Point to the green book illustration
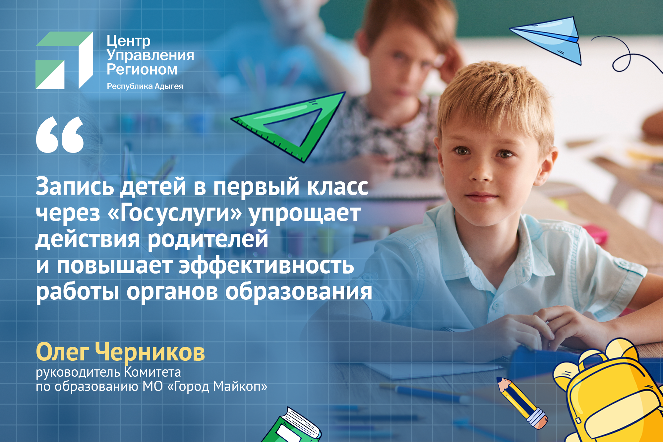tap(292, 426)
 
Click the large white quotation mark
tap(60, 135)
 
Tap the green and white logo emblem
tap(64, 60)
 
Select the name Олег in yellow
tap(62, 352)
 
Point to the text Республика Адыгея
tap(145, 86)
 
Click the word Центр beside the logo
tap(129, 41)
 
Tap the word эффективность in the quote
tap(267, 266)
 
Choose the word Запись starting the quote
tap(75, 186)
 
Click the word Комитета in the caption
tap(152, 372)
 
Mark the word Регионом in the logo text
tap(142, 70)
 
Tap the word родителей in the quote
tap(208, 239)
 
